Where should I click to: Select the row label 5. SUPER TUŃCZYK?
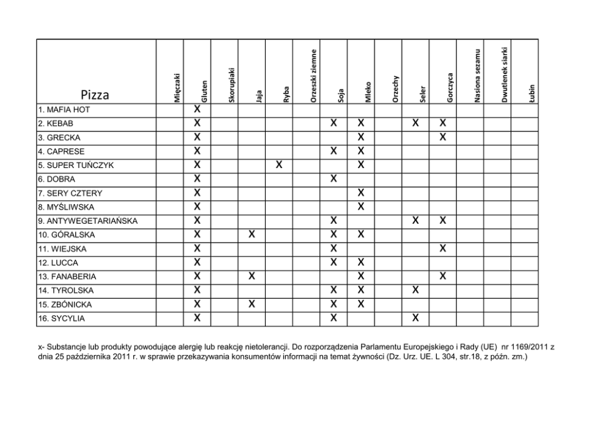[x=76, y=166]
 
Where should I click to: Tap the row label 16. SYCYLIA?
[x=61, y=318]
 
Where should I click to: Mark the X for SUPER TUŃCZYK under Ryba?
[x=279, y=165]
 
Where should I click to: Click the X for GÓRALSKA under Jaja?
[x=252, y=234]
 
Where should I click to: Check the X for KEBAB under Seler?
[x=415, y=123]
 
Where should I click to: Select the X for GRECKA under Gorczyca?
[x=443, y=137]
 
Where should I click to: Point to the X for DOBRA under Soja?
[x=334, y=178]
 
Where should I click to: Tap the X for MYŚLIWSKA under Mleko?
[x=361, y=207]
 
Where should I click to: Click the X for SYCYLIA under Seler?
[x=415, y=318]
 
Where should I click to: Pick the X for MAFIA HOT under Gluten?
[x=197, y=109]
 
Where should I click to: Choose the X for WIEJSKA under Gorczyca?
[x=443, y=248]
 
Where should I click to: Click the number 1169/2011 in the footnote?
[x=524, y=346]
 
